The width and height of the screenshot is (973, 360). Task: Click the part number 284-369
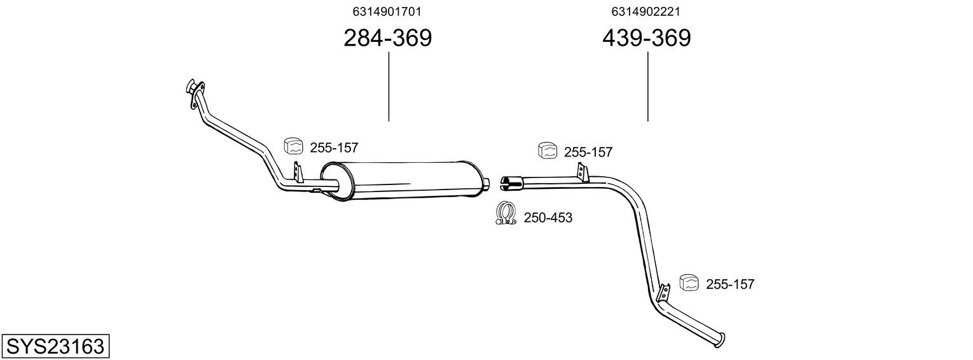387,38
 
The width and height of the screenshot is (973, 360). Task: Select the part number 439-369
646,38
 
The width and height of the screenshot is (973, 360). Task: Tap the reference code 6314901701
387,11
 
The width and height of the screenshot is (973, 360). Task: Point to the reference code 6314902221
645,11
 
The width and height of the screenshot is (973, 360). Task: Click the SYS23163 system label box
55,346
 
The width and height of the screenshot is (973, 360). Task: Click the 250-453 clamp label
548,218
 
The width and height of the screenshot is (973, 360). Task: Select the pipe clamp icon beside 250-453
506,213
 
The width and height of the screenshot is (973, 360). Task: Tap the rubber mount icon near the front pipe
294,146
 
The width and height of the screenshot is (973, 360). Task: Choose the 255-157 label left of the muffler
334,148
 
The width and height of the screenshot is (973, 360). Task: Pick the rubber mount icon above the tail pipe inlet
548,150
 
